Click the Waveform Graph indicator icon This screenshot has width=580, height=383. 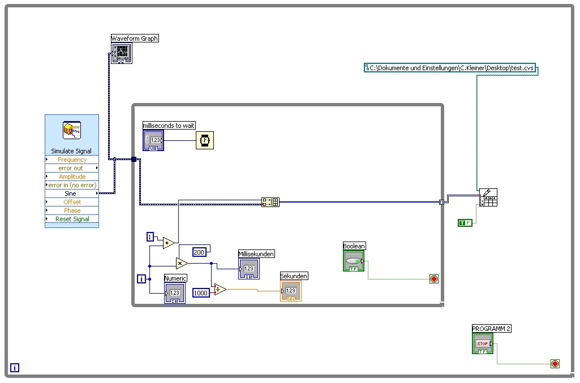(122, 54)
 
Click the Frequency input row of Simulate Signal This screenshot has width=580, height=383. (72, 160)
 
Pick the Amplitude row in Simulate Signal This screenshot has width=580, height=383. (72, 177)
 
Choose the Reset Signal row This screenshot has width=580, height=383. (72, 219)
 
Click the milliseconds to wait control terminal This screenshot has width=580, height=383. (153, 140)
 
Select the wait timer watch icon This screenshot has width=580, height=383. (205, 140)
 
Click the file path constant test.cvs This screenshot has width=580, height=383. (450, 68)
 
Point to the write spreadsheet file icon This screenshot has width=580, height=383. (488, 197)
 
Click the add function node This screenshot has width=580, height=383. (169, 243)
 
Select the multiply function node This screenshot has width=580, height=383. (182, 263)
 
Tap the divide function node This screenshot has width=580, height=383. (220, 290)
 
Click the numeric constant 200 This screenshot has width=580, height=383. (199, 252)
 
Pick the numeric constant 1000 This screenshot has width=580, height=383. (201, 292)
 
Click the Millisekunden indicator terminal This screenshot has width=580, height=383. (249, 269)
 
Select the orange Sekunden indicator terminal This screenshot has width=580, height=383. (291, 291)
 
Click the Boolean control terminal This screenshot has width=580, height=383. (354, 261)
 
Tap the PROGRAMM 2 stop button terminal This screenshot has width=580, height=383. (482, 344)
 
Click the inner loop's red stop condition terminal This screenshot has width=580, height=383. (434, 279)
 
